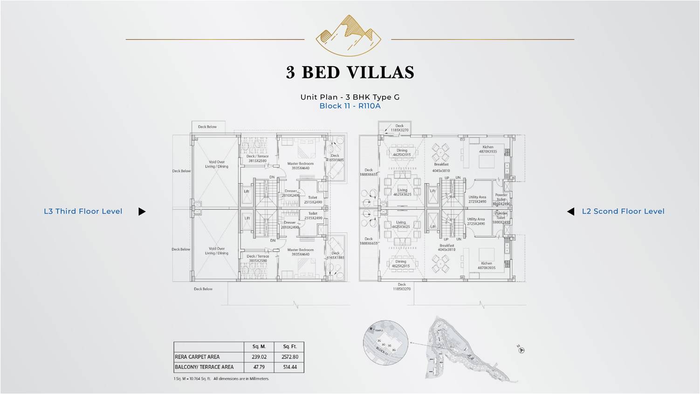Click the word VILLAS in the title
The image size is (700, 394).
[381, 73]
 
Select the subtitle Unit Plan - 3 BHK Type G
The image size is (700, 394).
[350, 97]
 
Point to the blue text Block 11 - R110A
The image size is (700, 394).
[350, 106]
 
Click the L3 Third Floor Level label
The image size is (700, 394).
[83, 211]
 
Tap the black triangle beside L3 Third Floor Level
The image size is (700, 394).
[142, 211]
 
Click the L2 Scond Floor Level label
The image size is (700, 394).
[623, 211]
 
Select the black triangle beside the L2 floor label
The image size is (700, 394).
[570, 211]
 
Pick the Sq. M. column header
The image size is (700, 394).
[259, 346]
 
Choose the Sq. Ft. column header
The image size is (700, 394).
[289, 346]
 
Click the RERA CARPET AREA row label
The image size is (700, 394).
[197, 357]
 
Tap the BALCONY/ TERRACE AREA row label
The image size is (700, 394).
[204, 367]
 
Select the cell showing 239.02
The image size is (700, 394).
[259, 357]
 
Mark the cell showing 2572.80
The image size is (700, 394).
[289, 357]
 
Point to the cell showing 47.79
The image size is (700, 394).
[259, 367]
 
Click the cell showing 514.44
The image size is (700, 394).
[289, 367]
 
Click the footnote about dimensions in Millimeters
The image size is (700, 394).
[221, 379]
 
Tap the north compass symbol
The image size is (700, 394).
[521, 350]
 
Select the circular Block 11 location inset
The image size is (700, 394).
[385, 342]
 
